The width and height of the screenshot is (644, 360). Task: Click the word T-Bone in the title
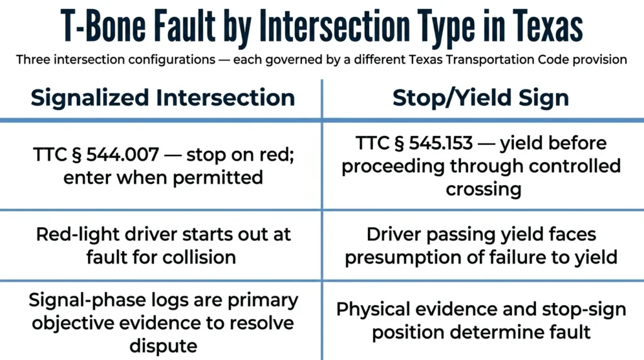point(103,25)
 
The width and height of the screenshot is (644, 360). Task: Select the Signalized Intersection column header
point(163,98)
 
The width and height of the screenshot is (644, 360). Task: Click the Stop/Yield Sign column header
point(480,98)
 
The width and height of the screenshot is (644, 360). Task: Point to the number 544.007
point(123,155)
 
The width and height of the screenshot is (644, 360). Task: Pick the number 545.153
point(441,143)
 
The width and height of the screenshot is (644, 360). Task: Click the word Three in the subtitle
point(33,60)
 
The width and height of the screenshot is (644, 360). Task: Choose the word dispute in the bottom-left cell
point(163,346)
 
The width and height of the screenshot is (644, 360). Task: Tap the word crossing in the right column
point(484,190)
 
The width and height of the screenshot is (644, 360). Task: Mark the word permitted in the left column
point(218,178)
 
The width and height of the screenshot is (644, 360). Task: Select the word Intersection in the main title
point(335,25)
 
